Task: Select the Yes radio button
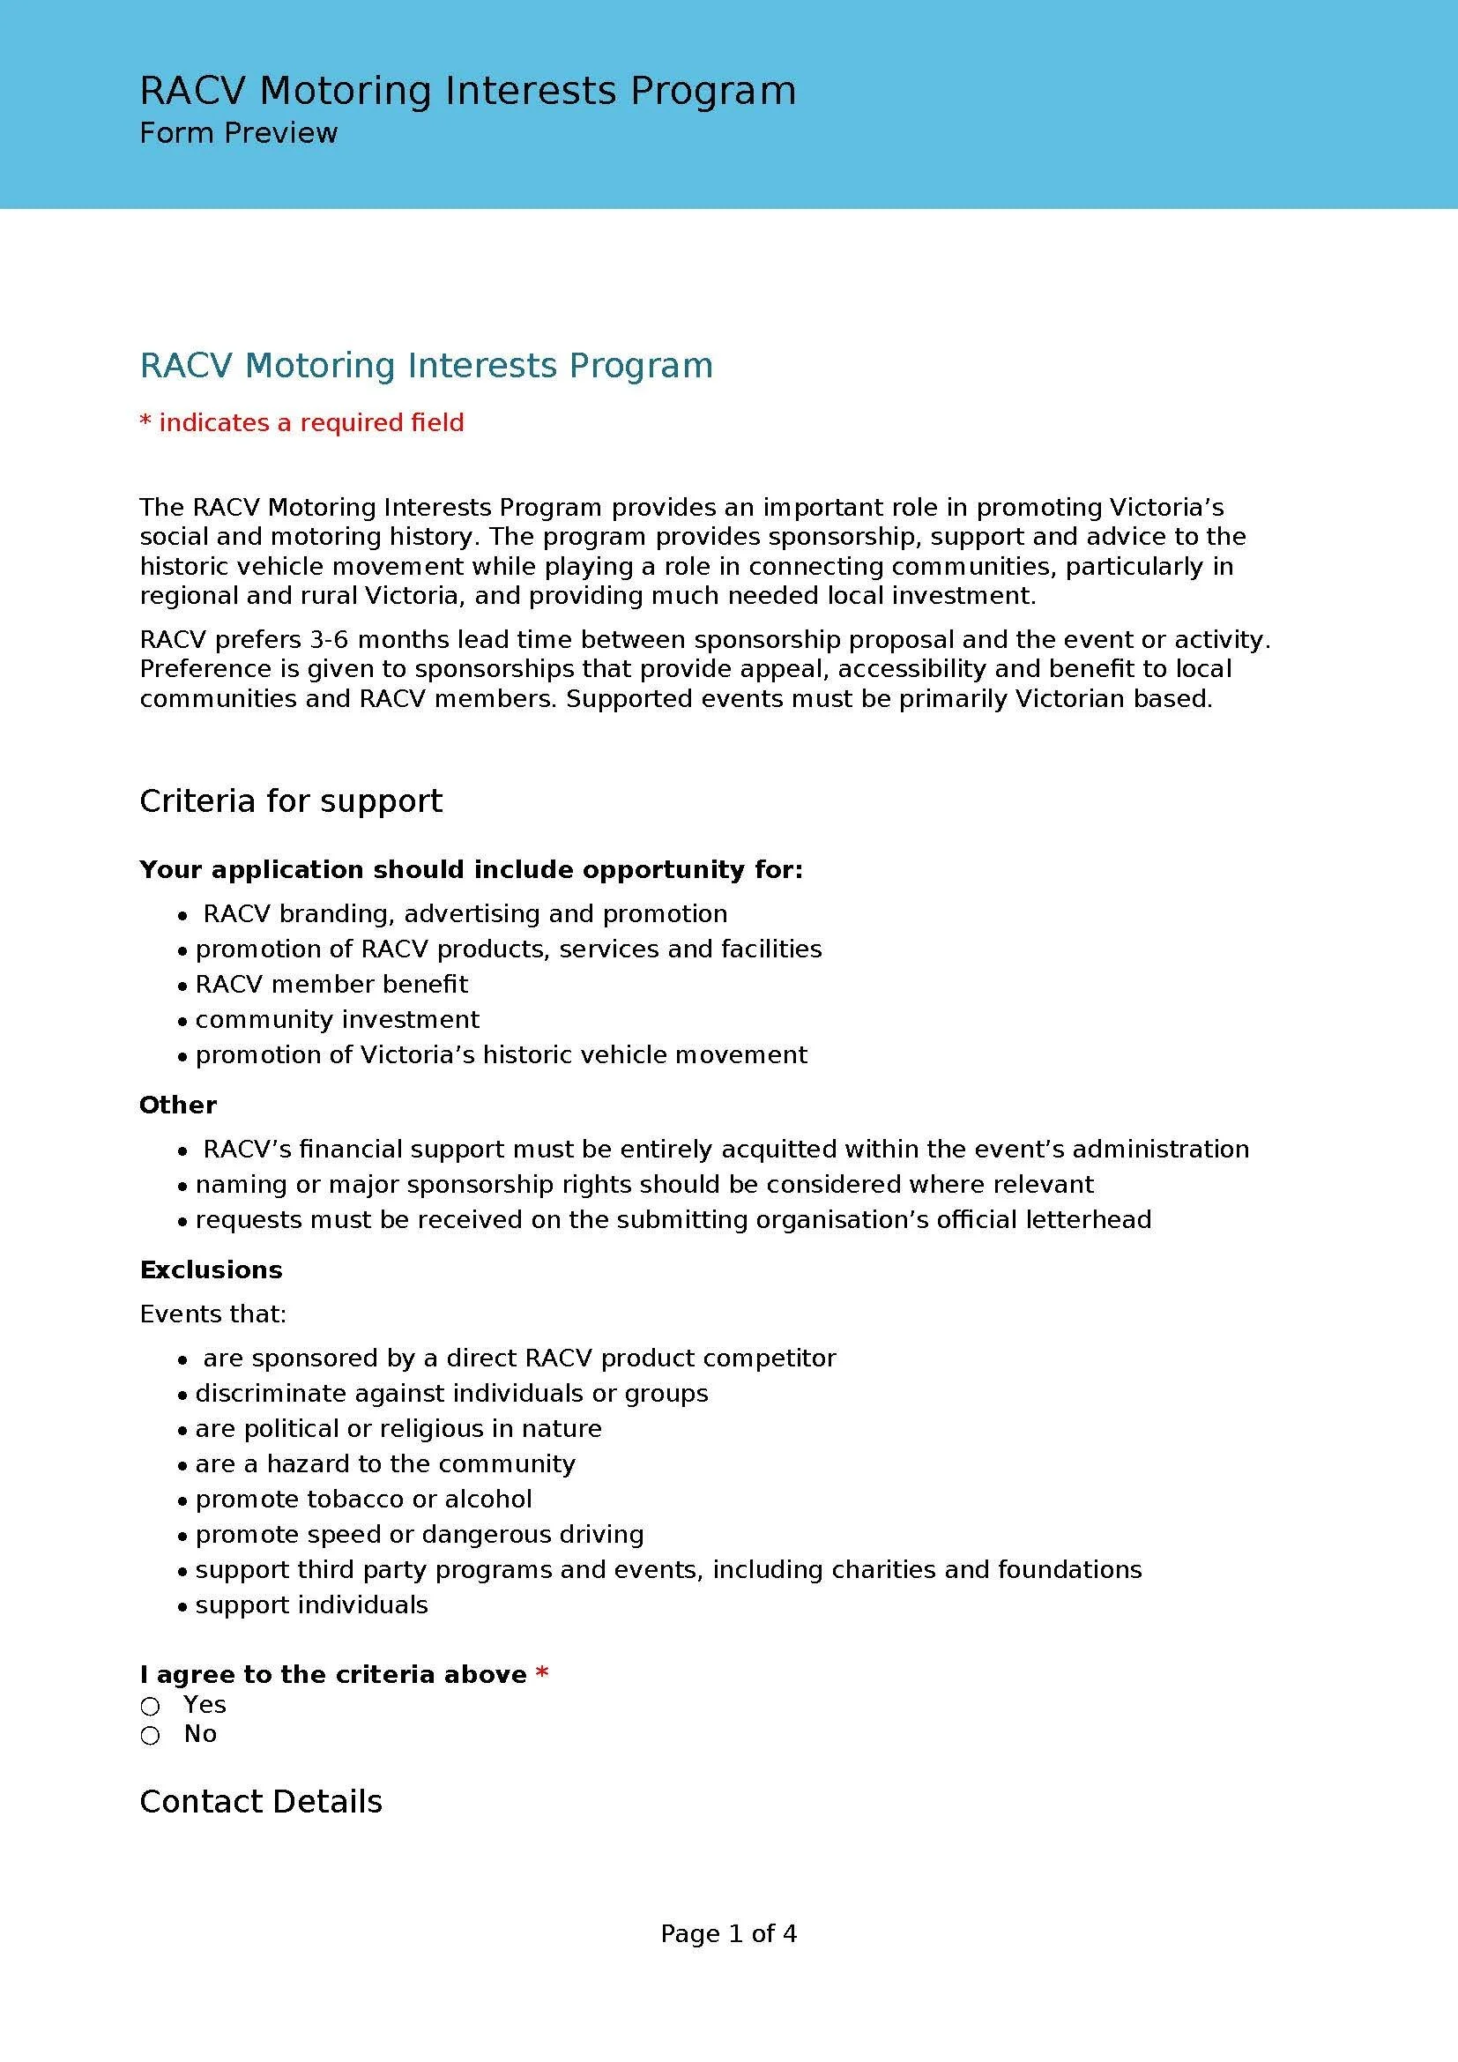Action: tap(150, 1706)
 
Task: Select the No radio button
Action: tap(150, 1735)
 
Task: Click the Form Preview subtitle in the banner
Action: tap(238, 133)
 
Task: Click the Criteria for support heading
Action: tap(291, 800)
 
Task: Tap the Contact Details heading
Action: tap(260, 1801)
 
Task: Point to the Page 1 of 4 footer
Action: tap(728, 1932)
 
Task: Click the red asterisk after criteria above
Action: tap(541, 1674)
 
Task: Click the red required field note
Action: tap(301, 422)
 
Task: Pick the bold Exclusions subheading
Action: tap(211, 1269)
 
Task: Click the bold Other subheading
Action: tap(178, 1105)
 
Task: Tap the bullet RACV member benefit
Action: tap(331, 984)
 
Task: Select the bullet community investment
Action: tap(337, 1019)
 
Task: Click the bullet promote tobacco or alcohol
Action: tap(363, 1499)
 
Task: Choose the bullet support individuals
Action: tap(311, 1604)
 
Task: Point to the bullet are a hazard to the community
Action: tap(385, 1464)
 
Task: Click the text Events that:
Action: tap(212, 1314)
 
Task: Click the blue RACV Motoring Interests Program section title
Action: tap(427, 366)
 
